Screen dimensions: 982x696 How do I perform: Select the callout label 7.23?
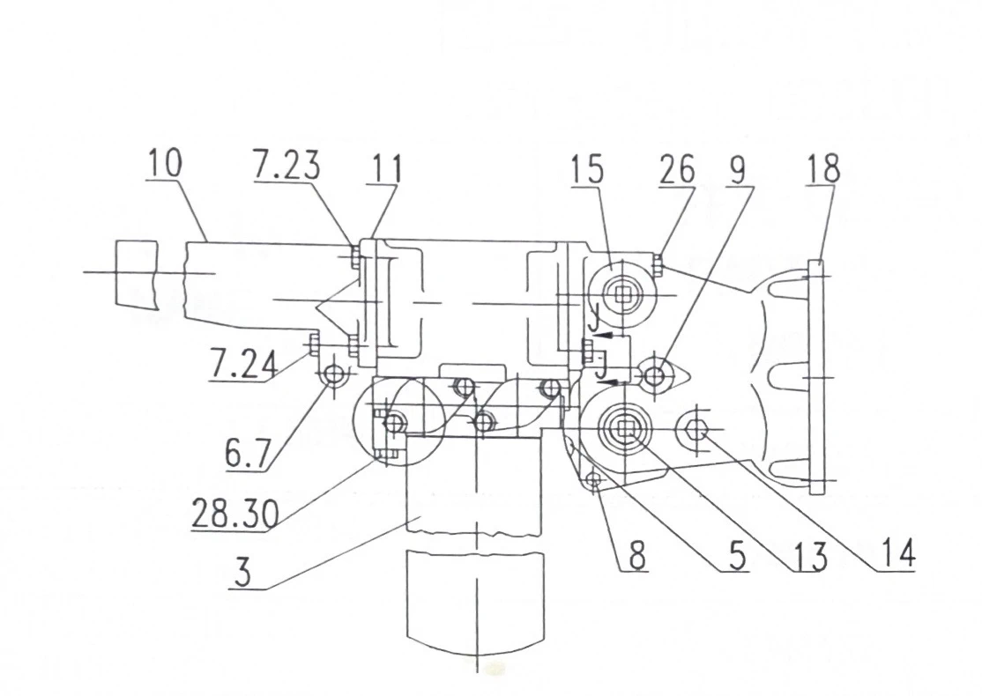click(x=286, y=166)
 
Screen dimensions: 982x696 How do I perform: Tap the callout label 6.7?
click(x=248, y=455)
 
